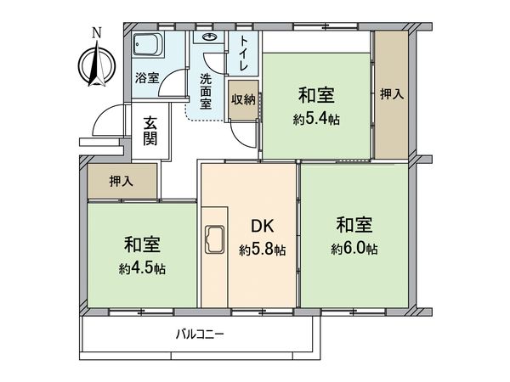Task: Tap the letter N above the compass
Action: click(x=96, y=33)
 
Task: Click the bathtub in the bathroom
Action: click(x=149, y=47)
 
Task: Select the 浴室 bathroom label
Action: click(x=147, y=78)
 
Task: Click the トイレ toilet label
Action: click(x=245, y=52)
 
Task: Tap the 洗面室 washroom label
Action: click(x=207, y=91)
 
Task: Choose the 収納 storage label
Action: click(x=242, y=98)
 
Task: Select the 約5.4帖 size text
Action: click(x=319, y=120)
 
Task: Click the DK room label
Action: click(x=261, y=227)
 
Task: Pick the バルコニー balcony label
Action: click(x=201, y=334)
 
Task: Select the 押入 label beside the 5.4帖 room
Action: click(x=390, y=96)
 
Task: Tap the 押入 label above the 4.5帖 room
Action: click(x=121, y=181)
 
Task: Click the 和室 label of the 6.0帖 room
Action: click(x=354, y=225)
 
